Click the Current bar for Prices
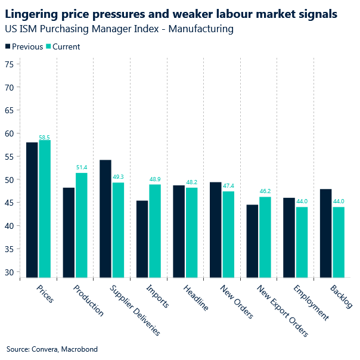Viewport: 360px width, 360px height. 45,209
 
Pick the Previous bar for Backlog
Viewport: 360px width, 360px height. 326,233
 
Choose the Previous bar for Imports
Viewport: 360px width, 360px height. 142,239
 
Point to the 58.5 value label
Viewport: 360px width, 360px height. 45,137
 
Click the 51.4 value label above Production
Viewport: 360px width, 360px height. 82,168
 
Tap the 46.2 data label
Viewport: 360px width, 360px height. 265,192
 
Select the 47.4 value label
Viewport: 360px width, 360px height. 229,187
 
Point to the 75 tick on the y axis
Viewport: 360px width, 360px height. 8,64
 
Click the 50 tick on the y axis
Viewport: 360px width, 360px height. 8,179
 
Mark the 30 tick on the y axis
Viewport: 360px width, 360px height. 8,272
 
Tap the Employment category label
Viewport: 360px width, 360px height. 311,302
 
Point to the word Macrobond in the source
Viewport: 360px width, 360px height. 79,349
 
